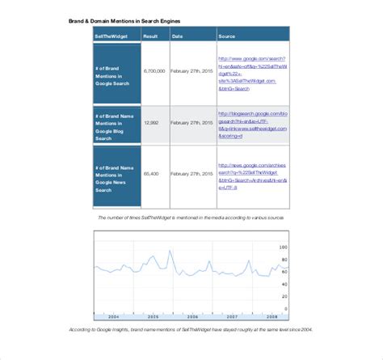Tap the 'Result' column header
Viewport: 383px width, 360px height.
point(151,36)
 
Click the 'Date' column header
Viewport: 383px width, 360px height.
point(178,36)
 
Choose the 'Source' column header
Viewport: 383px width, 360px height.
point(227,36)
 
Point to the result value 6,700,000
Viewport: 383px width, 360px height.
point(154,71)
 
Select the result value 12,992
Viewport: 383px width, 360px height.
point(151,122)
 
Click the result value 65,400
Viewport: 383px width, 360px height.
point(151,174)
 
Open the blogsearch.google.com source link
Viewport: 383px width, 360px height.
point(251,122)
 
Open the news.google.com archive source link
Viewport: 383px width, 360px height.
point(251,174)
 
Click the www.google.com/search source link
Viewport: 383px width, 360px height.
point(251,71)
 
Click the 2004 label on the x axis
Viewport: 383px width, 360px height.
point(113,316)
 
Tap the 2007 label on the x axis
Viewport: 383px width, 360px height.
point(232,316)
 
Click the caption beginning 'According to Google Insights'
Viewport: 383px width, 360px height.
point(191,330)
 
